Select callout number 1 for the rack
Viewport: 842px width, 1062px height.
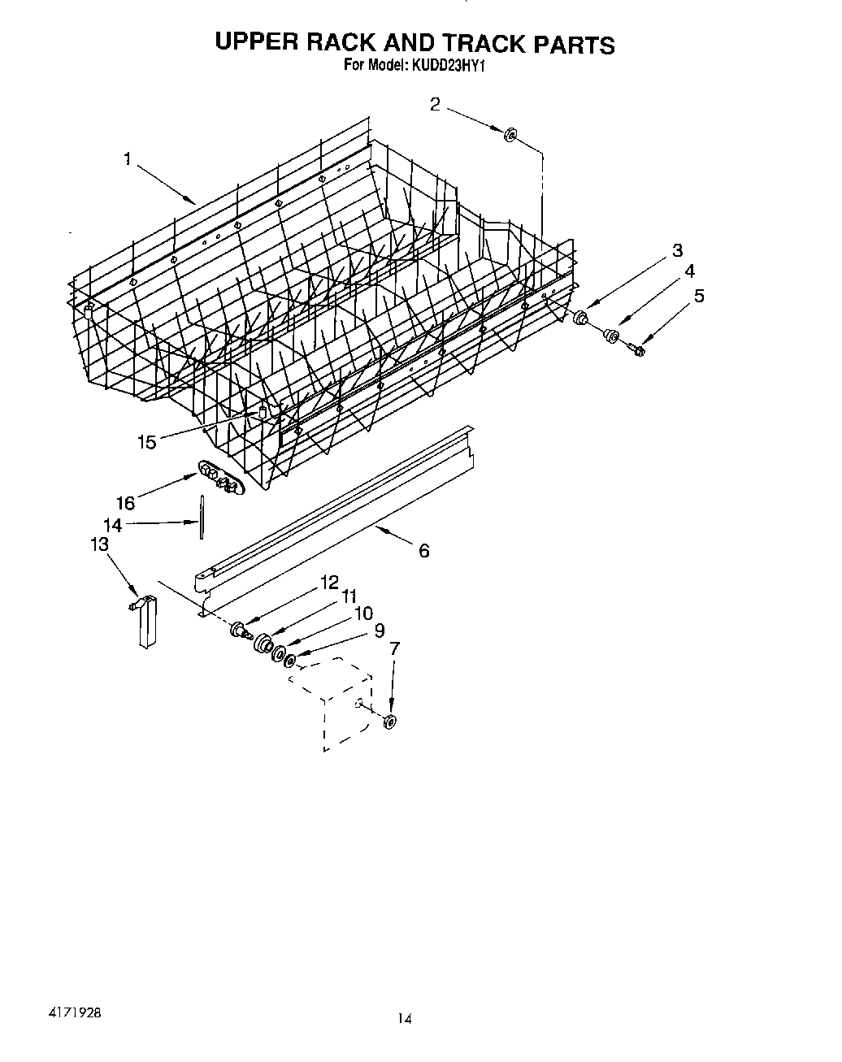pyautogui.click(x=128, y=159)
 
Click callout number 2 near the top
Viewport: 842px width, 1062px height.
pyautogui.click(x=436, y=104)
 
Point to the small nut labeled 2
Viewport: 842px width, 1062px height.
pyautogui.click(x=511, y=134)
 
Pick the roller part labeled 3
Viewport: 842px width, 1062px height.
pyautogui.click(x=580, y=318)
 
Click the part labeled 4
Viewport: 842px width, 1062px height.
pyautogui.click(x=611, y=334)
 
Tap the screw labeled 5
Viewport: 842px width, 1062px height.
pyautogui.click(x=636, y=349)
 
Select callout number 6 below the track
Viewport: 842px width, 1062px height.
pyautogui.click(x=423, y=551)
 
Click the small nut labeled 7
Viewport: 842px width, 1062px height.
pyautogui.click(x=389, y=721)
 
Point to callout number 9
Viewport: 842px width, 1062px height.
pyautogui.click(x=379, y=629)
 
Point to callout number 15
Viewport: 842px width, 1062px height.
pyautogui.click(x=147, y=442)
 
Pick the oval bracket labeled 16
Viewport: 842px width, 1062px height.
pyautogui.click(x=219, y=477)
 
